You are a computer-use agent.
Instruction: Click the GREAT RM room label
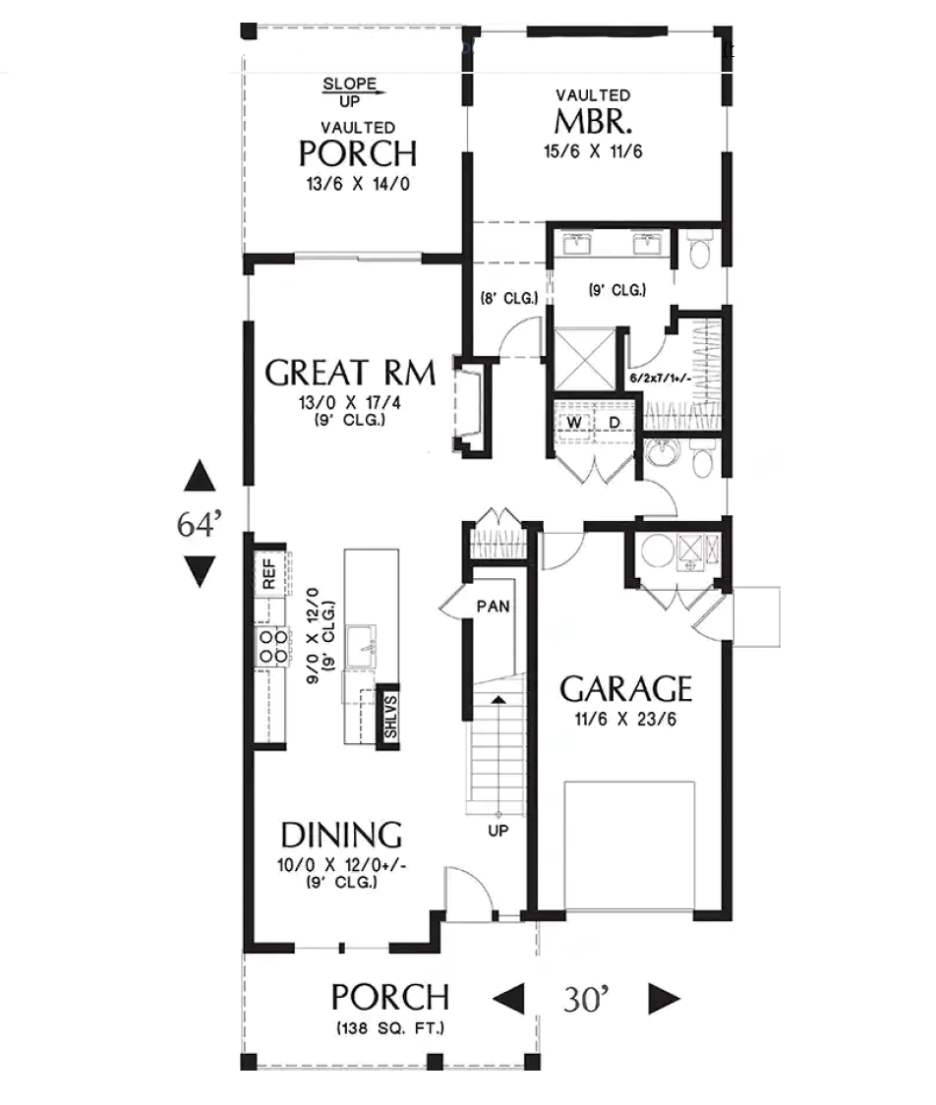[350, 373]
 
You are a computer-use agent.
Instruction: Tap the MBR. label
[593, 121]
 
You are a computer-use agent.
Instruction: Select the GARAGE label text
[626, 688]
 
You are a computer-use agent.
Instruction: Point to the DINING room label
[342, 835]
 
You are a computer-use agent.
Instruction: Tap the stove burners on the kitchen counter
[272, 646]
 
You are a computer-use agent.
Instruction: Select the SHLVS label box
[389, 716]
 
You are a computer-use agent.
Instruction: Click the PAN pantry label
[493, 606]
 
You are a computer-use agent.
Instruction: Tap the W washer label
[574, 422]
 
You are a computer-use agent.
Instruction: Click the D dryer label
[614, 422]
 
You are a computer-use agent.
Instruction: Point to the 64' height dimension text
[200, 524]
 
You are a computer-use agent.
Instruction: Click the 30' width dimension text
[586, 999]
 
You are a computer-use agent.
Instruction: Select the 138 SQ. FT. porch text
[390, 1028]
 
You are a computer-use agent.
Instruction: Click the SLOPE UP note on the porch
[350, 92]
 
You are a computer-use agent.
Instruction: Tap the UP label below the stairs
[498, 831]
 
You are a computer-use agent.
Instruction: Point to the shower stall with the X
[584, 359]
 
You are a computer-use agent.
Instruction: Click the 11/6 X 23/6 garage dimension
[626, 720]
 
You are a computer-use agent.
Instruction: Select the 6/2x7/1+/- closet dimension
[661, 378]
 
